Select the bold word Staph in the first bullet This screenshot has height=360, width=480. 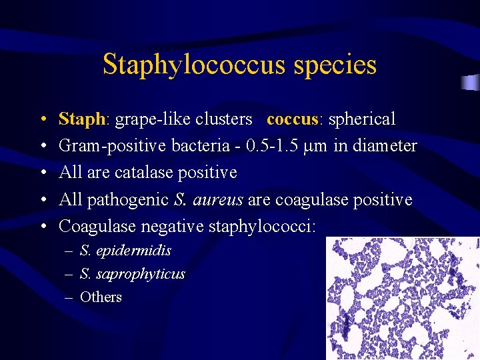coord(82,119)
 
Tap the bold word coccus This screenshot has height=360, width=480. coord(291,119)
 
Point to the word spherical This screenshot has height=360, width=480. coord(359,119)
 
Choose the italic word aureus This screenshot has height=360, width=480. coord(218,200)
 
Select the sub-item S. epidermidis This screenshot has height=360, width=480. coord(125,251)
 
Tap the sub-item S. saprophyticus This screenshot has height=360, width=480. coord(132,273)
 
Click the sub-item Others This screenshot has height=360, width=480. coord(101,297)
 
